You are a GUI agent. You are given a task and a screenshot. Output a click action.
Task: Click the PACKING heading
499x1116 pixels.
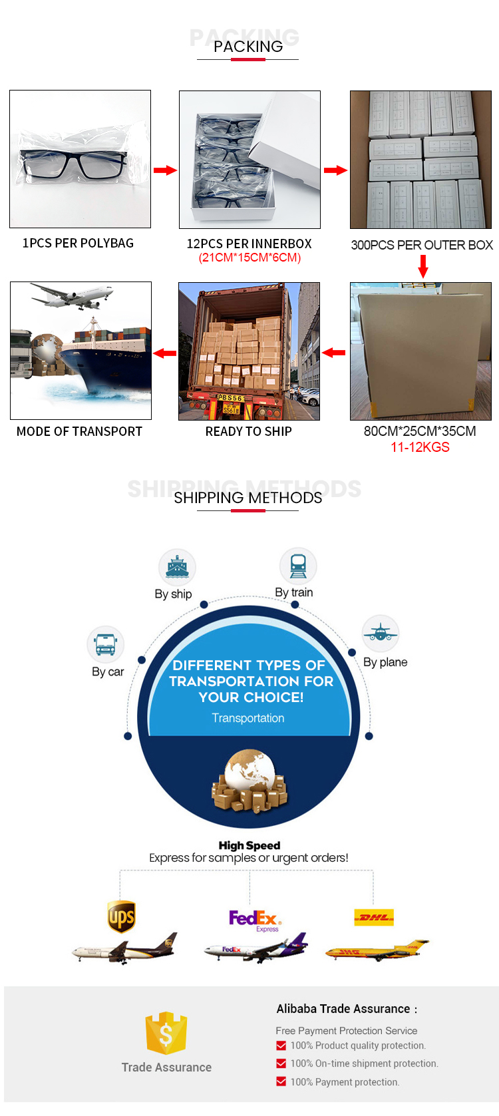248,46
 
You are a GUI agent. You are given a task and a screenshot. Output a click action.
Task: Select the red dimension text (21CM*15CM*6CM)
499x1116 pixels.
249,258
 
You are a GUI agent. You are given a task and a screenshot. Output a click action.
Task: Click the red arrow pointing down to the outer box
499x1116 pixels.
422,266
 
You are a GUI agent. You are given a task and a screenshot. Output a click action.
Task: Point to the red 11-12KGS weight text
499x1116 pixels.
420,447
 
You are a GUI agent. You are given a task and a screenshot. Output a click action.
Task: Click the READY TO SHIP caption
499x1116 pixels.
248,431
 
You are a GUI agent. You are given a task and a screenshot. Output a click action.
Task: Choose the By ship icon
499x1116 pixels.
177,568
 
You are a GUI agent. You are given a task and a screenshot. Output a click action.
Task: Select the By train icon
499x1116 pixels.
298,566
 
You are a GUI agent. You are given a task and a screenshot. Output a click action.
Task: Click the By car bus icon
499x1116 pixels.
106,644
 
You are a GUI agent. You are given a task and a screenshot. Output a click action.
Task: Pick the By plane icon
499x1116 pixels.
381,633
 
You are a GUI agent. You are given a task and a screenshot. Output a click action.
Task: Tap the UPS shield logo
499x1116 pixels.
122,917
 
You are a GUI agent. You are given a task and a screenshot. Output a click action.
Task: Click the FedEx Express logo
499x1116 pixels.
255,920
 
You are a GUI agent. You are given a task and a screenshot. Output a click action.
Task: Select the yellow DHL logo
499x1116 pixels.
374,917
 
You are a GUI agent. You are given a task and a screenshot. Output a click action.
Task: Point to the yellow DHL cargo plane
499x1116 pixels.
377,950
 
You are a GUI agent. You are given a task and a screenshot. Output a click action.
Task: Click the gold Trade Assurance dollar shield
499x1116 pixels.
166,1033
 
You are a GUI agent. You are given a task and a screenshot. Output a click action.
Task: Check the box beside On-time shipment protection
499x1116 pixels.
281,1063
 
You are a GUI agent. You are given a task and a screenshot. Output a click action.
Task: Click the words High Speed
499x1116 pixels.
249,845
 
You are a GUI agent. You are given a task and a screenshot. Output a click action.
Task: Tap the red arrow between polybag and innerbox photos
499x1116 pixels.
165,170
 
